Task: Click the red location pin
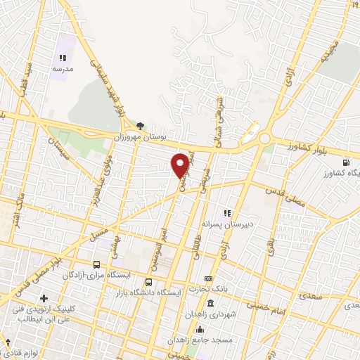coord(180,165)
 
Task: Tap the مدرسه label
coord(63,70)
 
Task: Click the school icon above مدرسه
coord(63,58)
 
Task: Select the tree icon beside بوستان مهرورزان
coord(141,127)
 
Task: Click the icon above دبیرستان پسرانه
coord(226,212)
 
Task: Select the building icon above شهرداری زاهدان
coord(211,303)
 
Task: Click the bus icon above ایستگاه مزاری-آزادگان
coord(96,265)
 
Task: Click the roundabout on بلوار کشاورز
coord(265,139)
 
